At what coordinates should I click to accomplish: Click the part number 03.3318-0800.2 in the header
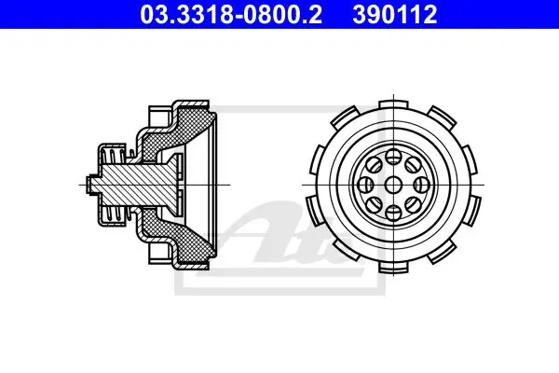(231, 14)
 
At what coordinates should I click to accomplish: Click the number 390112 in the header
(395, 14)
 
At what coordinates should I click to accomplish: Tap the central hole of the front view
(393, 185)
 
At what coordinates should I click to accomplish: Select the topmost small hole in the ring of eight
(393, 157)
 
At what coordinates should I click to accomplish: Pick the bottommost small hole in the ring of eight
(393, 214)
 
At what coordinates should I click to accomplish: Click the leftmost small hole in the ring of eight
(365, 185)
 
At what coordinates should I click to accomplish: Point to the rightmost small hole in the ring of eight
(421, 185)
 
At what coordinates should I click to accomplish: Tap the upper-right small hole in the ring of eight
(413, 165)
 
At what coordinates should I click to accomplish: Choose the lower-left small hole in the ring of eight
(374, 205)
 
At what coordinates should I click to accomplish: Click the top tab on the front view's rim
(393, 104)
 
